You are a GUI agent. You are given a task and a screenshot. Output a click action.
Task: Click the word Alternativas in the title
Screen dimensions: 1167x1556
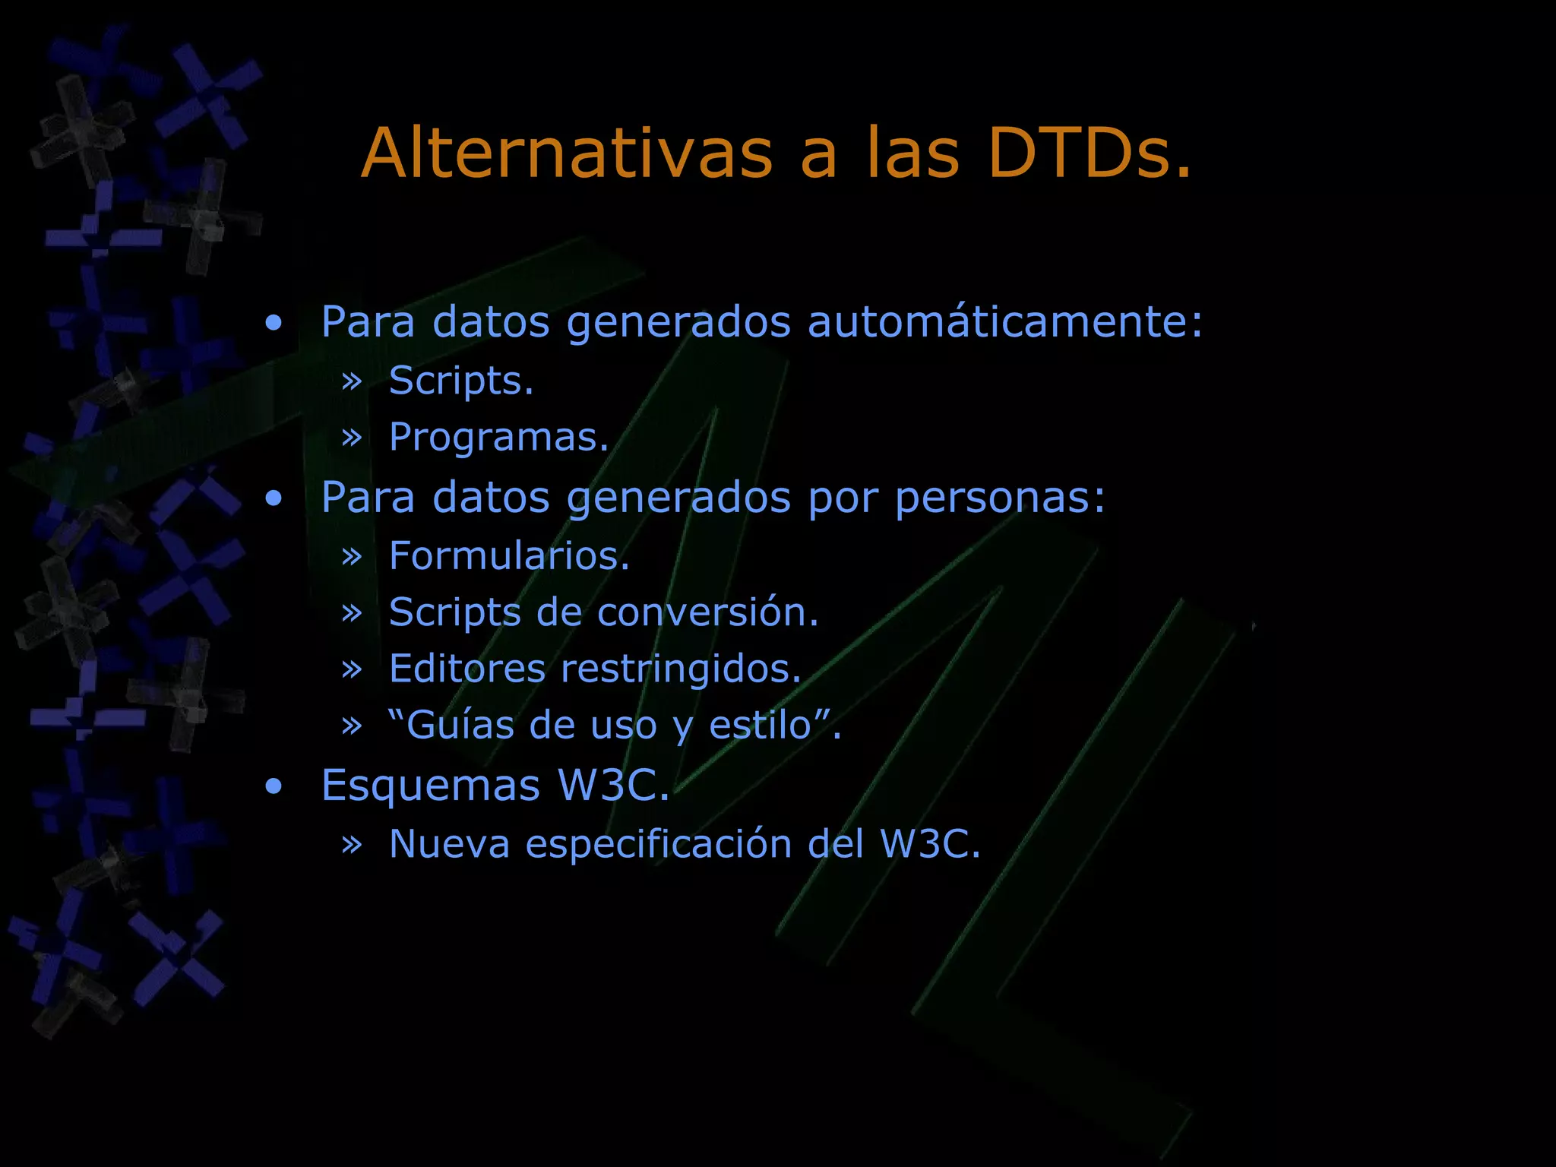click(x=567, y=153)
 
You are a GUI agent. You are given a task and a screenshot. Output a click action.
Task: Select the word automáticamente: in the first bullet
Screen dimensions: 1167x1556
click(x=1005, y=321)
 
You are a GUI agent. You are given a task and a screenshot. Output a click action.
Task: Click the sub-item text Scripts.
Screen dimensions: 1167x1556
click(x=461, y=380)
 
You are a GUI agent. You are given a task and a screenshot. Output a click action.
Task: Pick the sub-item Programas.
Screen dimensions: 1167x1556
click(x=499, y=438)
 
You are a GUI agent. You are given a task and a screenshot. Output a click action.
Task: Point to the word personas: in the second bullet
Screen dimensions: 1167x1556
click(x=1000, y=498)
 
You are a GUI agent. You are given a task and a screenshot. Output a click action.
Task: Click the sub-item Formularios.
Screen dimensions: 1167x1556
click(x=509, y=555)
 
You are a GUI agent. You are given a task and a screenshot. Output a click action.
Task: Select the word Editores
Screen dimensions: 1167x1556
click(x=467, y=669)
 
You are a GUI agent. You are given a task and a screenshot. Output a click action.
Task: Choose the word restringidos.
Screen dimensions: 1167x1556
click(x=682, y=669)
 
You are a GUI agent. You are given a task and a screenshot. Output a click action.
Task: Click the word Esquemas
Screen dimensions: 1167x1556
click(x=430, y=785)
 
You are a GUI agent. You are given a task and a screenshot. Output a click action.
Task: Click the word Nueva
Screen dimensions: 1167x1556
click(x=449, y=843)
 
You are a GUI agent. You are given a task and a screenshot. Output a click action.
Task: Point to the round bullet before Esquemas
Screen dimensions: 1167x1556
click(x=274, y=786)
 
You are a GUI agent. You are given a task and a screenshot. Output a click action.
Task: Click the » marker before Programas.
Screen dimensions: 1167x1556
click(x=352, y=438)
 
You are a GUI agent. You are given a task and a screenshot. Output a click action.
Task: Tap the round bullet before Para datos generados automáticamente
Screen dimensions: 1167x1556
click(x=274, y=324)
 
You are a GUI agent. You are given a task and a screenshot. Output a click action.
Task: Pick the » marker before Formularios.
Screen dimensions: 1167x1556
click(x=352, y=556)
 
